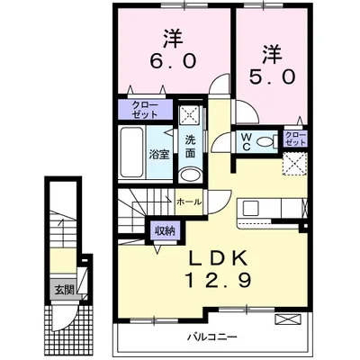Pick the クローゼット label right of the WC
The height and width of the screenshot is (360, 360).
(x=295, y=138)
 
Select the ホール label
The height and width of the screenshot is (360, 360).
(x=188, y=202)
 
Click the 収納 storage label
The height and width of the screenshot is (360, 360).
(x=164, y=230)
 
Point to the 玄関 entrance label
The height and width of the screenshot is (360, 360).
(x=58, y=289)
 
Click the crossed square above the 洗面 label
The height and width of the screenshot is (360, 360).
(x=190, y=114)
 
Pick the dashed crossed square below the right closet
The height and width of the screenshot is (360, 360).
(x=294, y=163)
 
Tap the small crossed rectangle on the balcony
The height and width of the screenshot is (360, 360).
(x=286, y=319)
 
